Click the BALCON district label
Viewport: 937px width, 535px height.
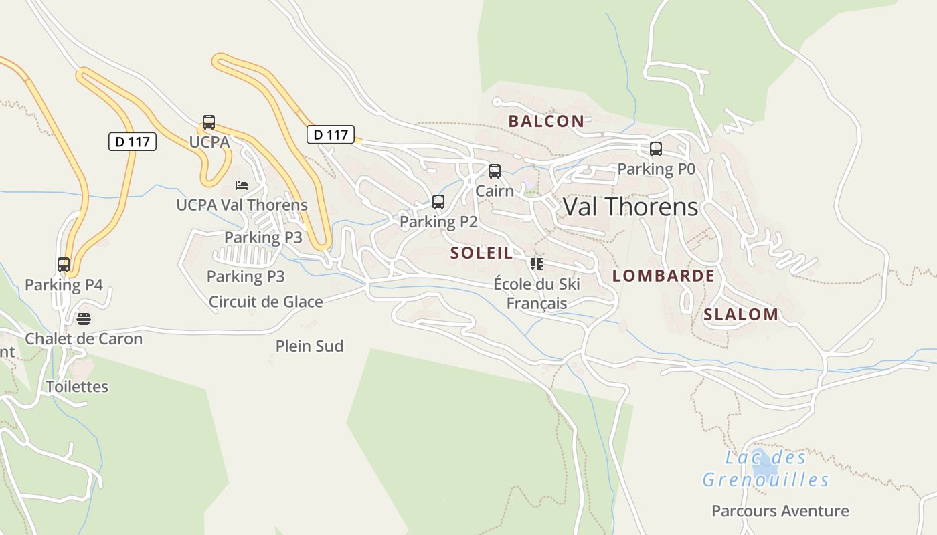(546, 121)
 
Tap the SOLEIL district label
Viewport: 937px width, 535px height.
(482, 253)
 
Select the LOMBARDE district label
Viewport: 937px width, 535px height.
(663, 276)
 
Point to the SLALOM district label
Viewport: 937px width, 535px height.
(741, 314)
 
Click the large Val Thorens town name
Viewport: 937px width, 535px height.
(630, 207)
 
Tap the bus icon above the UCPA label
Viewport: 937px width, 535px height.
(209, 122)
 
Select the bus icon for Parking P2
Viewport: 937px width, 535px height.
(438, 202)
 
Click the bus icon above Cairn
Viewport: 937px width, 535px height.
(495, 171)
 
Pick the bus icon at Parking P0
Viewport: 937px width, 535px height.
(656, 149)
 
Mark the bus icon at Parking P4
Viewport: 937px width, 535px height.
(64, 265)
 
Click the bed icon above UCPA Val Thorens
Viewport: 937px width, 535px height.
(242, 185)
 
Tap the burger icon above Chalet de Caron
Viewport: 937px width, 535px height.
(84, 318)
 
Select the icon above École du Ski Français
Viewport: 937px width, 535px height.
(536, 264)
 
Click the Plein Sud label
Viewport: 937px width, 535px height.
(309, 346)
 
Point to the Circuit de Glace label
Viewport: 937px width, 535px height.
(266, 302)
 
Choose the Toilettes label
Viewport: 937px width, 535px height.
(77, 387)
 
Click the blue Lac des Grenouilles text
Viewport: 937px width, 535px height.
(766, 469)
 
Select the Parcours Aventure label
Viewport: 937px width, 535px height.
(780, 511)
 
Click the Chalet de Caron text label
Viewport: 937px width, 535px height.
(84, 338)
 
